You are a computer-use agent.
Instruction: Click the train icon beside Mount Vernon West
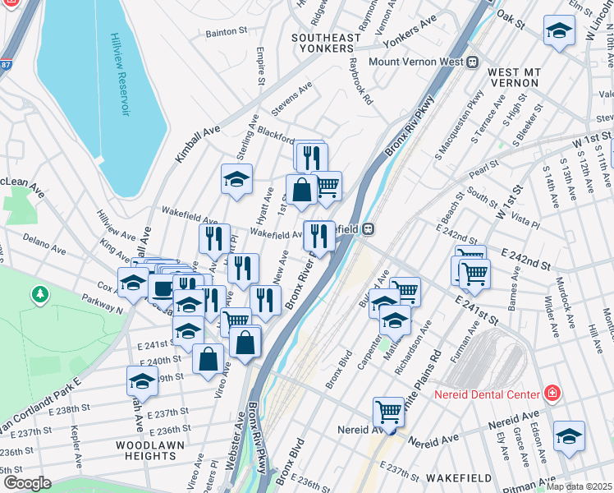point(473,62)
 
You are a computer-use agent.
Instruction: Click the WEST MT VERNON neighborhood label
point(513,78)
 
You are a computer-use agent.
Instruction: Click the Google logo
point(27,483)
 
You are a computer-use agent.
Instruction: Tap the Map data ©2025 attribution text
point(580,486)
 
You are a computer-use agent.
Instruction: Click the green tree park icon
point(39,293)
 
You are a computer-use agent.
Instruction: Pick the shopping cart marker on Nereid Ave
point(388,412)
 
